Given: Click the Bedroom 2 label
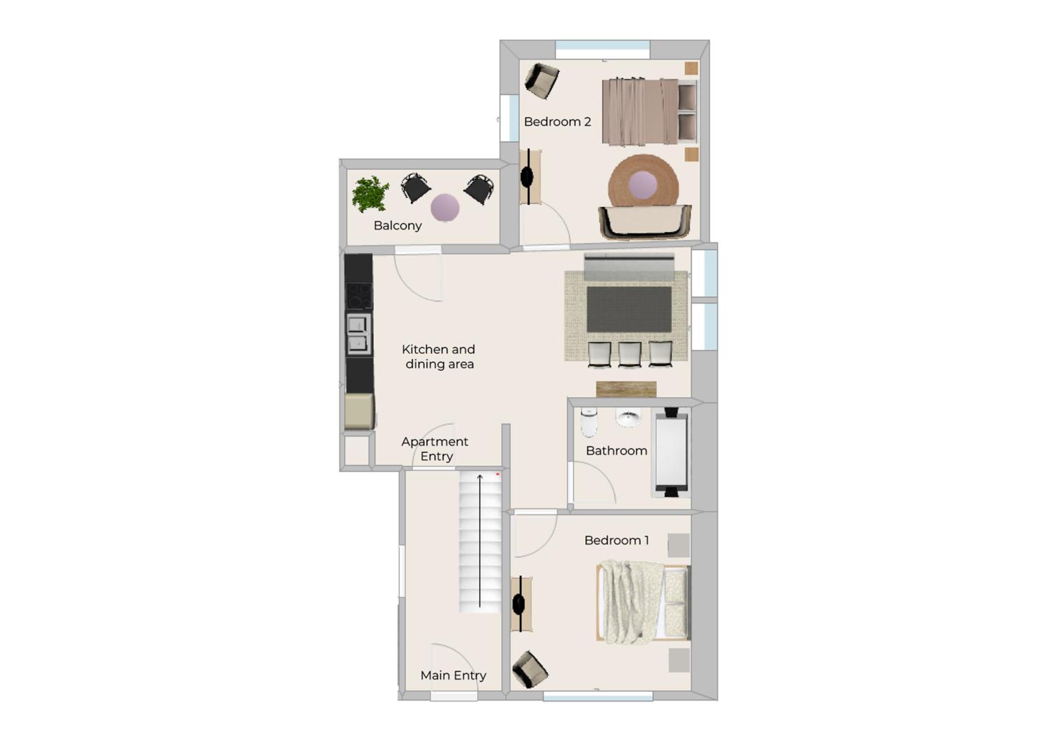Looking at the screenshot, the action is point(557,122).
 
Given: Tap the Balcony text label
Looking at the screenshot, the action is point(398,225).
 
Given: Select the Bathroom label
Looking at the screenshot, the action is point(616,451).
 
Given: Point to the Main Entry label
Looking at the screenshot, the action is point(453,675).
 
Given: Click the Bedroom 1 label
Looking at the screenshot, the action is point(616,541).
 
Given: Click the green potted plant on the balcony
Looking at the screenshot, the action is point(370,194).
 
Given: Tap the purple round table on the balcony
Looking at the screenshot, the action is point(445,207).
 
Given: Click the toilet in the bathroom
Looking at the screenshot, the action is point(589,422).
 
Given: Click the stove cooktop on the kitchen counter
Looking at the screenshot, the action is point(359,296).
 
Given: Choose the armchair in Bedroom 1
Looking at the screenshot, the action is point(530,669).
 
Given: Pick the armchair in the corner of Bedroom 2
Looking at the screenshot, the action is point(542,81).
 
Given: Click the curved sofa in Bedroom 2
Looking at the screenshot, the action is point(645,222).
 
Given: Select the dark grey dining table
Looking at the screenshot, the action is point(629,309).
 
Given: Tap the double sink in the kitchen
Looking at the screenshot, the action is point(358,334).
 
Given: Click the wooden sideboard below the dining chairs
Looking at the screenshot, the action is point(626,389).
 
